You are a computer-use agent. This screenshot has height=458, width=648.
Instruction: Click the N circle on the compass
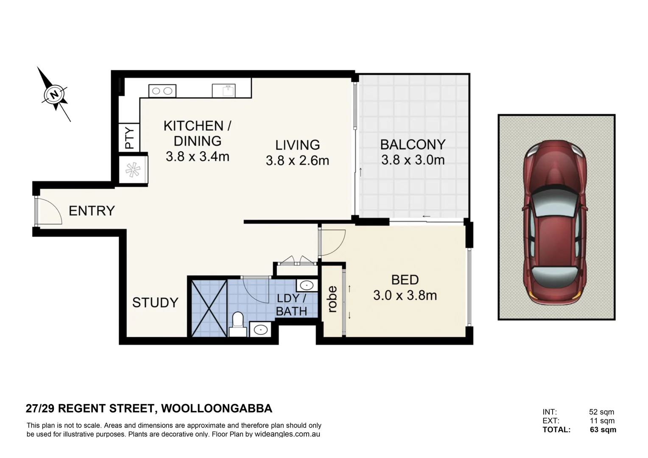pos(54,95)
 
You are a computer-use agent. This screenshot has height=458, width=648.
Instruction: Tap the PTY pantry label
pos(130,138)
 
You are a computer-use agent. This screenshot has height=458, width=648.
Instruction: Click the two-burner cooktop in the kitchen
pos(162,91)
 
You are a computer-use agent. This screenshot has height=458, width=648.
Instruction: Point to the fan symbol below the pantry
pos(133,170)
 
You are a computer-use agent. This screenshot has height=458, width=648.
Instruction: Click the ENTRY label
pos(92,211)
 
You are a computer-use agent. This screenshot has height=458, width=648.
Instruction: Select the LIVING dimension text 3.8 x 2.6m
pos(297,161)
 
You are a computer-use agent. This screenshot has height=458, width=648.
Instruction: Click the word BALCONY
pos(413,145)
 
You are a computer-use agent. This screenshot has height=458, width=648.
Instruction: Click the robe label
pos(332,299)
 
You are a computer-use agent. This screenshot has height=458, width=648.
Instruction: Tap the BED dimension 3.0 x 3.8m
pos(405,296)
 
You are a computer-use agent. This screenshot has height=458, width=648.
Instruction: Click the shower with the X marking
pos(209,308)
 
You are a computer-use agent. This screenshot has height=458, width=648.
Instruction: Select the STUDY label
pos(155,303)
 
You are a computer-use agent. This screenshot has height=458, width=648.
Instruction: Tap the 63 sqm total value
pos(603,430)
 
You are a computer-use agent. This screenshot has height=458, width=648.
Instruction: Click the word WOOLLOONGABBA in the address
pos(217,408)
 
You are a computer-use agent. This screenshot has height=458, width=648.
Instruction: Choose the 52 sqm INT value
pos(601,412)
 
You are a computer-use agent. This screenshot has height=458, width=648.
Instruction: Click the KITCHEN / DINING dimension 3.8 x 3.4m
pos(198,156)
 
